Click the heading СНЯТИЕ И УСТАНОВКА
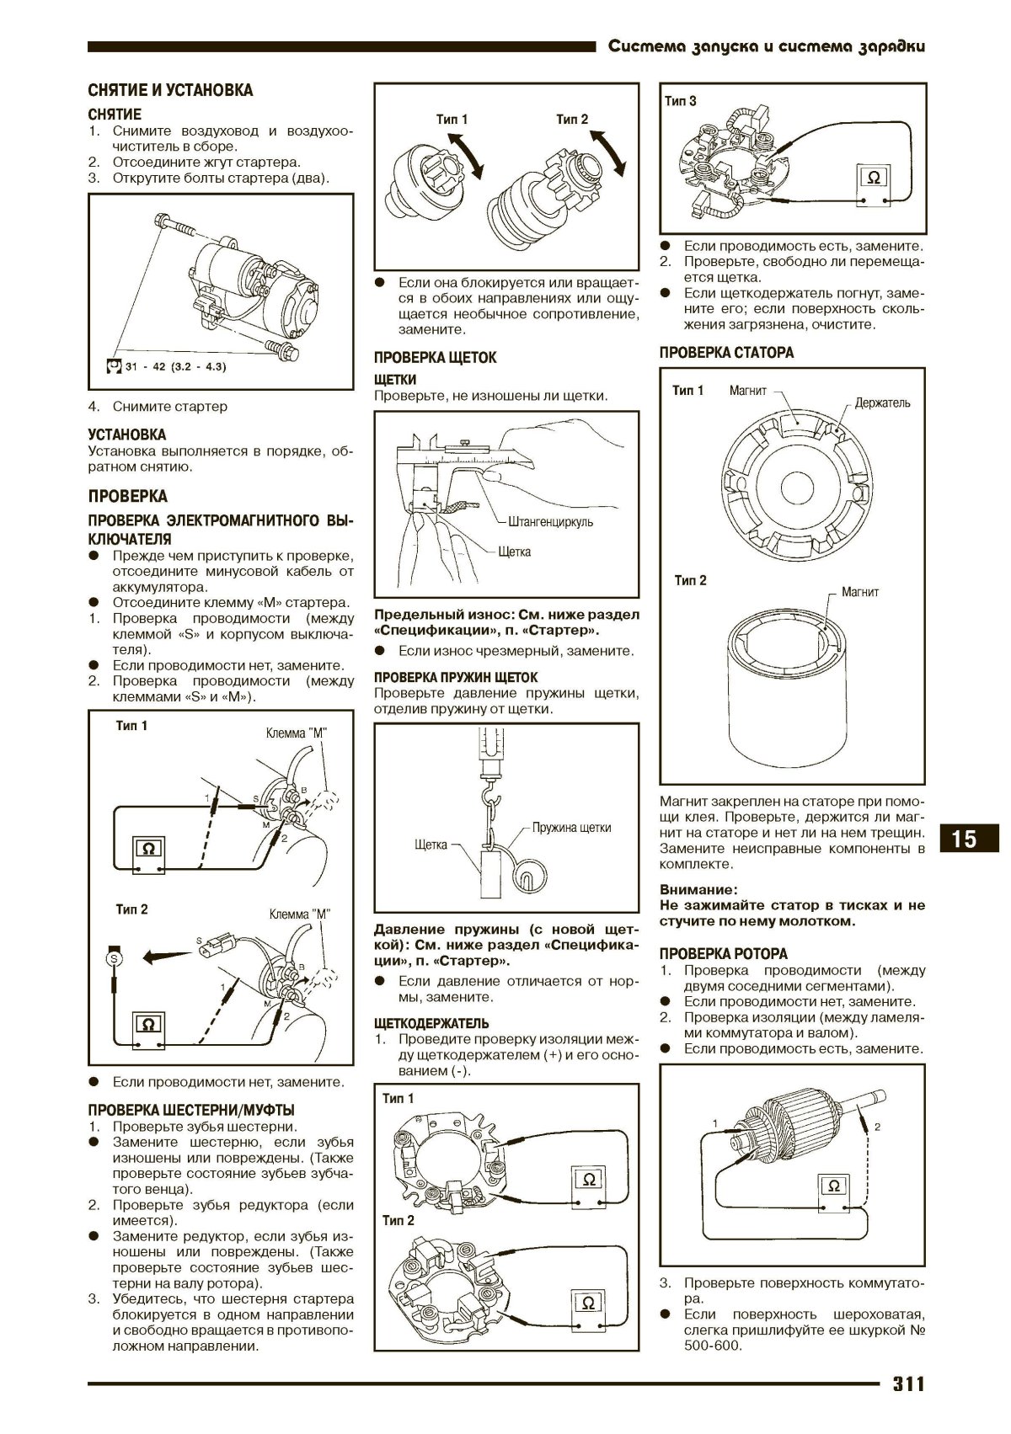(x=170, y=90)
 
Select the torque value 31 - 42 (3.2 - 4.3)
(x=175, y=368)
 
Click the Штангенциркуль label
(x=550, y=521)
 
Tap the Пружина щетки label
(x=571, y=827)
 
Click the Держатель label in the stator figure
(x=882, y=402)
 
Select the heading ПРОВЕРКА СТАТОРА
(x=726, y=353)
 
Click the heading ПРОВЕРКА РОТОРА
(x=723, y=954)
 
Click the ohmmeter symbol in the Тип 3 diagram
(x=874, y=179)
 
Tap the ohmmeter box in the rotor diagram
(x=833, y=1186)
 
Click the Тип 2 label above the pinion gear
(x=572, y=120)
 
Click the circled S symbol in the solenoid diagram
(x=114, y=957)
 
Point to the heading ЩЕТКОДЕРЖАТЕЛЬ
(x=431, y=1024)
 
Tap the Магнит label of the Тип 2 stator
(x=860, y=592)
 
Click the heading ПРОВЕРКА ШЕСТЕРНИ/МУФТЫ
(x=191, y=1111)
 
